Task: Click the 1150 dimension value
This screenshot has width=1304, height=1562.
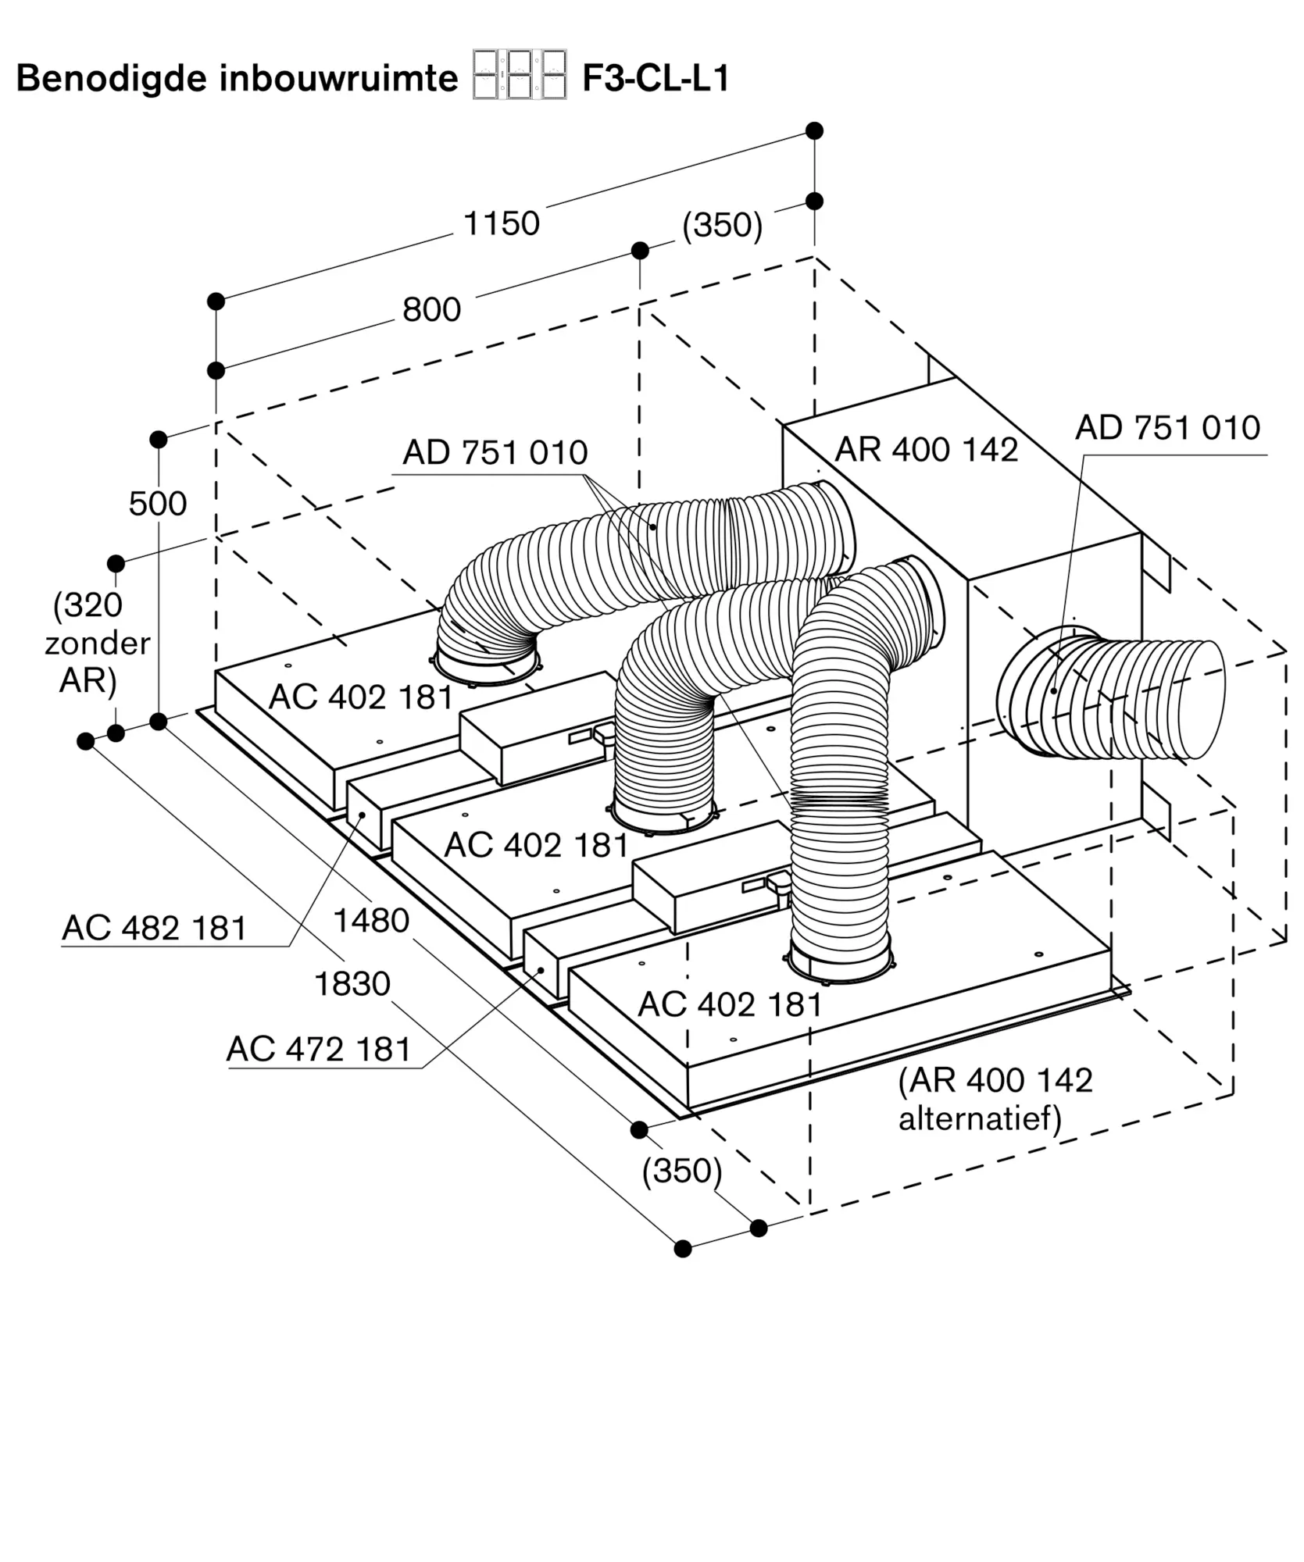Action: [502, 224]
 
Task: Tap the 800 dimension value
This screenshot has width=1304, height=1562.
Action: [431, 310]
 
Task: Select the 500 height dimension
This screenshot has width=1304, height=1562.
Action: [158, 504]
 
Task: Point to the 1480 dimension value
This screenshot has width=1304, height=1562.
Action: [371, 921]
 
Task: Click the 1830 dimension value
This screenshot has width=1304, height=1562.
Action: [352, 984]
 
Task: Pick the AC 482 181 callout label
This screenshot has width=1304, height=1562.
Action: [154, 928]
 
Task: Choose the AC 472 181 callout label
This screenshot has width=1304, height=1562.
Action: [319, 1049]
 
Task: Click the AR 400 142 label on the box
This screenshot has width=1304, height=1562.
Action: [926, 450]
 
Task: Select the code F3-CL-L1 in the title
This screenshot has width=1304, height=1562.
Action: [655, 79]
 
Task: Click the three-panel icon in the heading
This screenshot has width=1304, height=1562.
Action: [520, 75]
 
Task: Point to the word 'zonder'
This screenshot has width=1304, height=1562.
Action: [97, 643]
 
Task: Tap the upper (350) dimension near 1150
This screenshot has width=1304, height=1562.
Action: [722, 225]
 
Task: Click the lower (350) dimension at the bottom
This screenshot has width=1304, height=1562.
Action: [681, 1171]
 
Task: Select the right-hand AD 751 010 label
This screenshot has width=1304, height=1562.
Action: [1167, 428]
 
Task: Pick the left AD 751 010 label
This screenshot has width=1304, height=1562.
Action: [495, 453]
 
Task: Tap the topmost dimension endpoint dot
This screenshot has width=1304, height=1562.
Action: [814, 130]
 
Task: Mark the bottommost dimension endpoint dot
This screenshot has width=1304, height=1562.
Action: [683, 1248]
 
